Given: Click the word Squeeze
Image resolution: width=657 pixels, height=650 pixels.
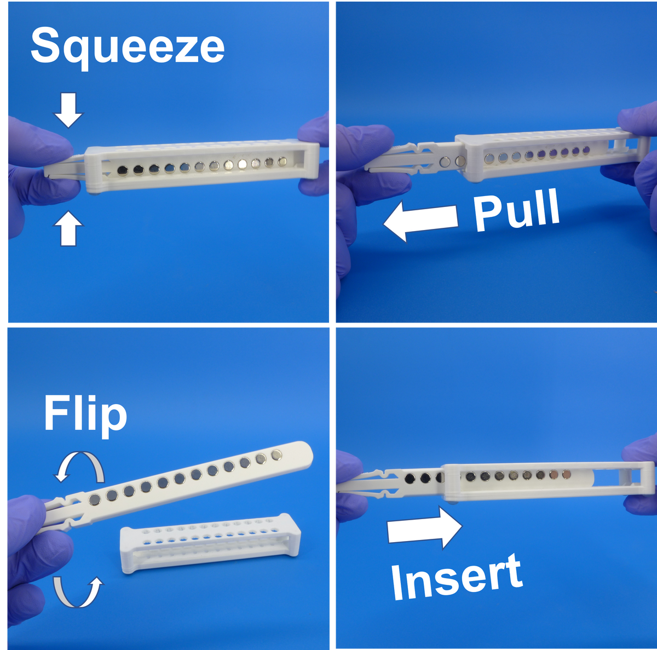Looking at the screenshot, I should tap(127, 46).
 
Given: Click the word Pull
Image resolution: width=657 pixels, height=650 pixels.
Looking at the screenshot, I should tap(516, 210).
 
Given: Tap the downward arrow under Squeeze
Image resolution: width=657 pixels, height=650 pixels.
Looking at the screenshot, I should tap(68, 110).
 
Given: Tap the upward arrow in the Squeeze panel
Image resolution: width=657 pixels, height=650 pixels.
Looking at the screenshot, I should tap(68, 228).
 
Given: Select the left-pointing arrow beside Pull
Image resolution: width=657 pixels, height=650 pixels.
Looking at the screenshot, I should tap(420, 221).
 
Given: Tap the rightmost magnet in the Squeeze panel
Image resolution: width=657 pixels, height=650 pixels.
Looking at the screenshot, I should tap(283, 161).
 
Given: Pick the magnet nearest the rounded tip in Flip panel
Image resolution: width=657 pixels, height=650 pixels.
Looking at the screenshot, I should tap(276, 454).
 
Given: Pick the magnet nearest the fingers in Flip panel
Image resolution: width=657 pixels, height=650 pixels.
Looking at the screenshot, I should tap(95, 499).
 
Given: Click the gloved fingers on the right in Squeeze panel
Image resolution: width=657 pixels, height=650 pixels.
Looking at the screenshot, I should tap(315, 153).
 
